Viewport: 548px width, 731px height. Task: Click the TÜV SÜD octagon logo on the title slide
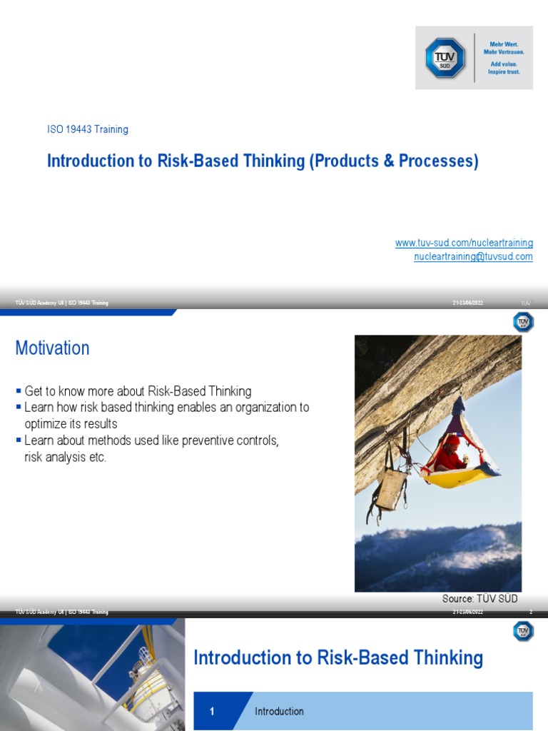point(445,58)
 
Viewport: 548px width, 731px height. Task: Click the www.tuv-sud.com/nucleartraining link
point(464,243)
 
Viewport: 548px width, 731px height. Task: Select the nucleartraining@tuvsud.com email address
point(473,257)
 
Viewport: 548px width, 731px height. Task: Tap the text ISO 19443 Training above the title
point(88,130)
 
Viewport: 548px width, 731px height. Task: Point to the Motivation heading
point(53,348)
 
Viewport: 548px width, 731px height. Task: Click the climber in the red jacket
point(451,455)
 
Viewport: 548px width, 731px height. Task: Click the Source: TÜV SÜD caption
point(479,599)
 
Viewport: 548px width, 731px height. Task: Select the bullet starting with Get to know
point(138,392)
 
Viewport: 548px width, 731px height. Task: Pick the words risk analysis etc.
point(65,457)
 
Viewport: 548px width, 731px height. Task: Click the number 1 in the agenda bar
point(212,711)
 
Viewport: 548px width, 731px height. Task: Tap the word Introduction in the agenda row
point(279,711)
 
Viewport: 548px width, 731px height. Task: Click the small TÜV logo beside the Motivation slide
point(523,323)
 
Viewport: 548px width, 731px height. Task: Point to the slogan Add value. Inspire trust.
point(504,68)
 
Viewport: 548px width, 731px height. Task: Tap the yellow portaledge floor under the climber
point(464,477)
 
